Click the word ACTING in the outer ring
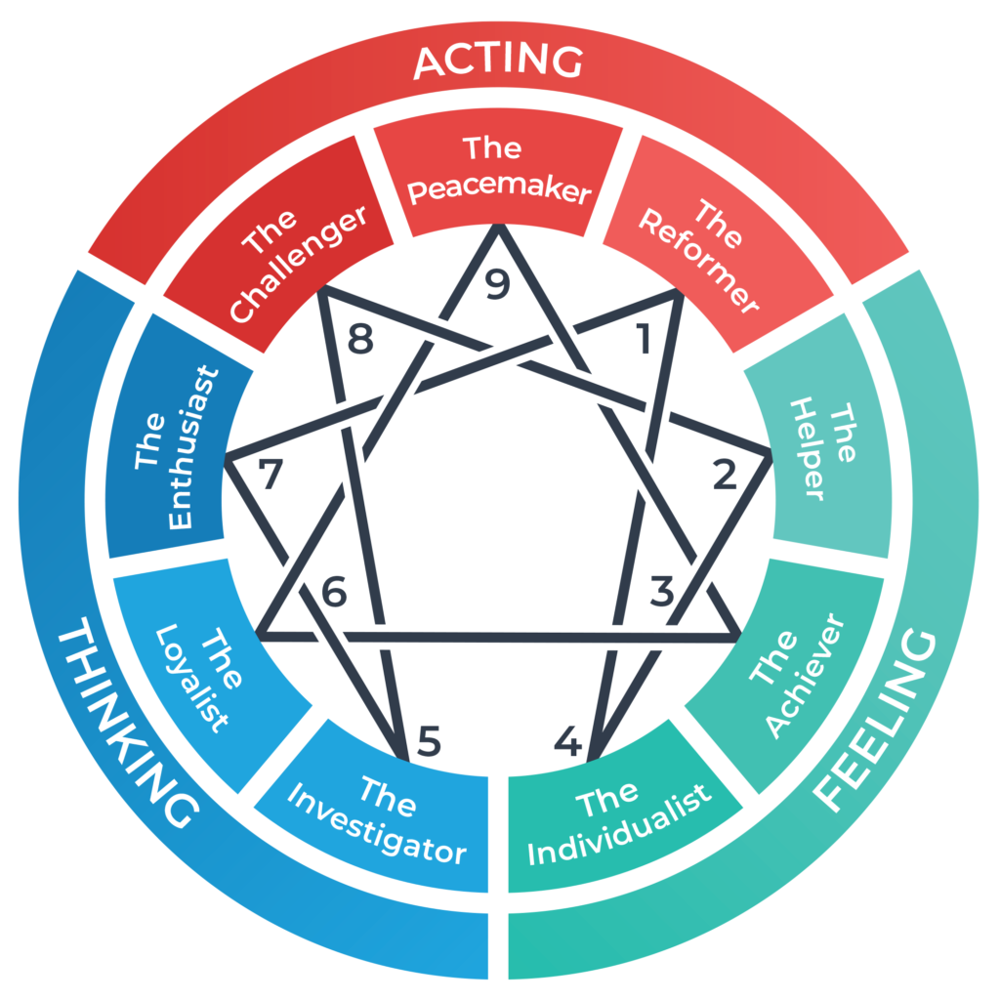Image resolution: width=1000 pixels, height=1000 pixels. coord(498,62)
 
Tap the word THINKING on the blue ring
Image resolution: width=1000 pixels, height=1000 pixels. coord(125,728)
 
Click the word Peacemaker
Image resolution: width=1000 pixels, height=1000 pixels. coord(499,188)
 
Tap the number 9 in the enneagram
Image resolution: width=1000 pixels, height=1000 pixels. coord(497,285)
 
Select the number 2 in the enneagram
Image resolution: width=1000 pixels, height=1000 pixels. coord(725,476)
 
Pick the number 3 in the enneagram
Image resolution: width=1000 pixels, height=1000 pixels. coord(662,592)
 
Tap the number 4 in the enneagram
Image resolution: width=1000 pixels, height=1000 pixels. coord(567,743)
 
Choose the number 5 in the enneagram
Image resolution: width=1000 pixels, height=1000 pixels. coord(428,743)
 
